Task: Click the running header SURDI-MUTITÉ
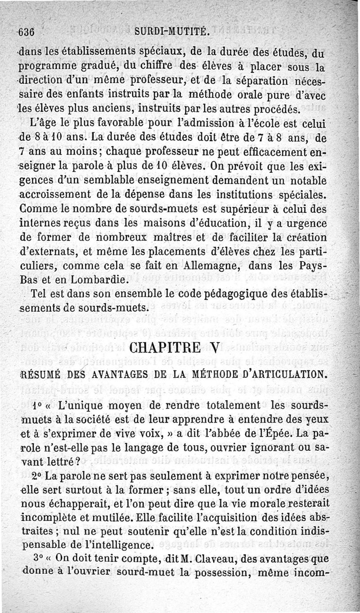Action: coord(171,32)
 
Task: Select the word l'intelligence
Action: coord(108,545)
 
